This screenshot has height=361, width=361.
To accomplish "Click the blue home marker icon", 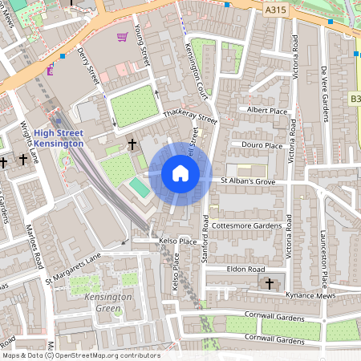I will point(180,172).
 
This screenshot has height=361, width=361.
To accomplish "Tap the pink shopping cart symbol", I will point(122,37).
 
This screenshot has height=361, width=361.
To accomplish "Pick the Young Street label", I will point(144,45).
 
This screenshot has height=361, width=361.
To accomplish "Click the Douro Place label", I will point(262,145).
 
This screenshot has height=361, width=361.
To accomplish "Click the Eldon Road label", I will point(245,270).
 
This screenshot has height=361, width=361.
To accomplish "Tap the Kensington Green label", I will point(102,302).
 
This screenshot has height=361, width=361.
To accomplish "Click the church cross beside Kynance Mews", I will point(270,283).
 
